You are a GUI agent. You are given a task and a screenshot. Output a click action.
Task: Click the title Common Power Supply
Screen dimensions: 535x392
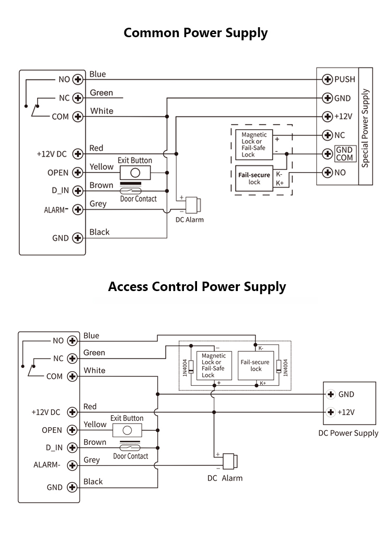(x=195, y=33)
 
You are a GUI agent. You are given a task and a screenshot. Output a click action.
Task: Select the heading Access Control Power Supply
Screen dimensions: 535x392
(x=197, y=286)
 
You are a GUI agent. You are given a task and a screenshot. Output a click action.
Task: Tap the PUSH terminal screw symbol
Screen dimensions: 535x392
(x=328, y=80)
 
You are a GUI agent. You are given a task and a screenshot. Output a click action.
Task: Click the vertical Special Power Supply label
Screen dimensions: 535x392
(x=365, y=128)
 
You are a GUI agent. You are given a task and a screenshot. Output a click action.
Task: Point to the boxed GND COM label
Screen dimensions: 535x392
(x=344, y=154)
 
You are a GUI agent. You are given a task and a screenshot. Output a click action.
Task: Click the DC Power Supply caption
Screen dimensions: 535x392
(x=348, y=433)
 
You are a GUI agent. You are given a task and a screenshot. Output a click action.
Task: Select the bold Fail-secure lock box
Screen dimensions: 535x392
(x=254, y=179)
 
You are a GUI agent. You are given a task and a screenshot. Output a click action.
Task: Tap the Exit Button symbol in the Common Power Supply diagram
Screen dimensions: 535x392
(x=135, y=172)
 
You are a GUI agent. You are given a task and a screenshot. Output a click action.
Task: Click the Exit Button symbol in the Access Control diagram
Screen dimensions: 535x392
(x=126, y=430)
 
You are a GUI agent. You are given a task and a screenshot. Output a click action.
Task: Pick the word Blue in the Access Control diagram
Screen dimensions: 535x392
(x=91, y=336)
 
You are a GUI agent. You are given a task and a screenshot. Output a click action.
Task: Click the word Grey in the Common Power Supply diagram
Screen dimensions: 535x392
(x=98, y=204)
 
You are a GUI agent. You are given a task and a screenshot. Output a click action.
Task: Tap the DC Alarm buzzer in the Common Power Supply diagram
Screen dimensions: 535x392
(x=194, y=204)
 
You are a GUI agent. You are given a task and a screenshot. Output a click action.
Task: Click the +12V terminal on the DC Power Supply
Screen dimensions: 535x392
(x=330, y=412)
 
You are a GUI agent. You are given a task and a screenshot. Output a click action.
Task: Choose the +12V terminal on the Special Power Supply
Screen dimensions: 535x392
(x=328, y=116)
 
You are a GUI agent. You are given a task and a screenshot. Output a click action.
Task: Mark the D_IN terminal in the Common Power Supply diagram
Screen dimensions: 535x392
(x=78, y=191)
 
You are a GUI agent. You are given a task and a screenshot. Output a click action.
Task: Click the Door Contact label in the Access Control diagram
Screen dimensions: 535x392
(x=131, y=456)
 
